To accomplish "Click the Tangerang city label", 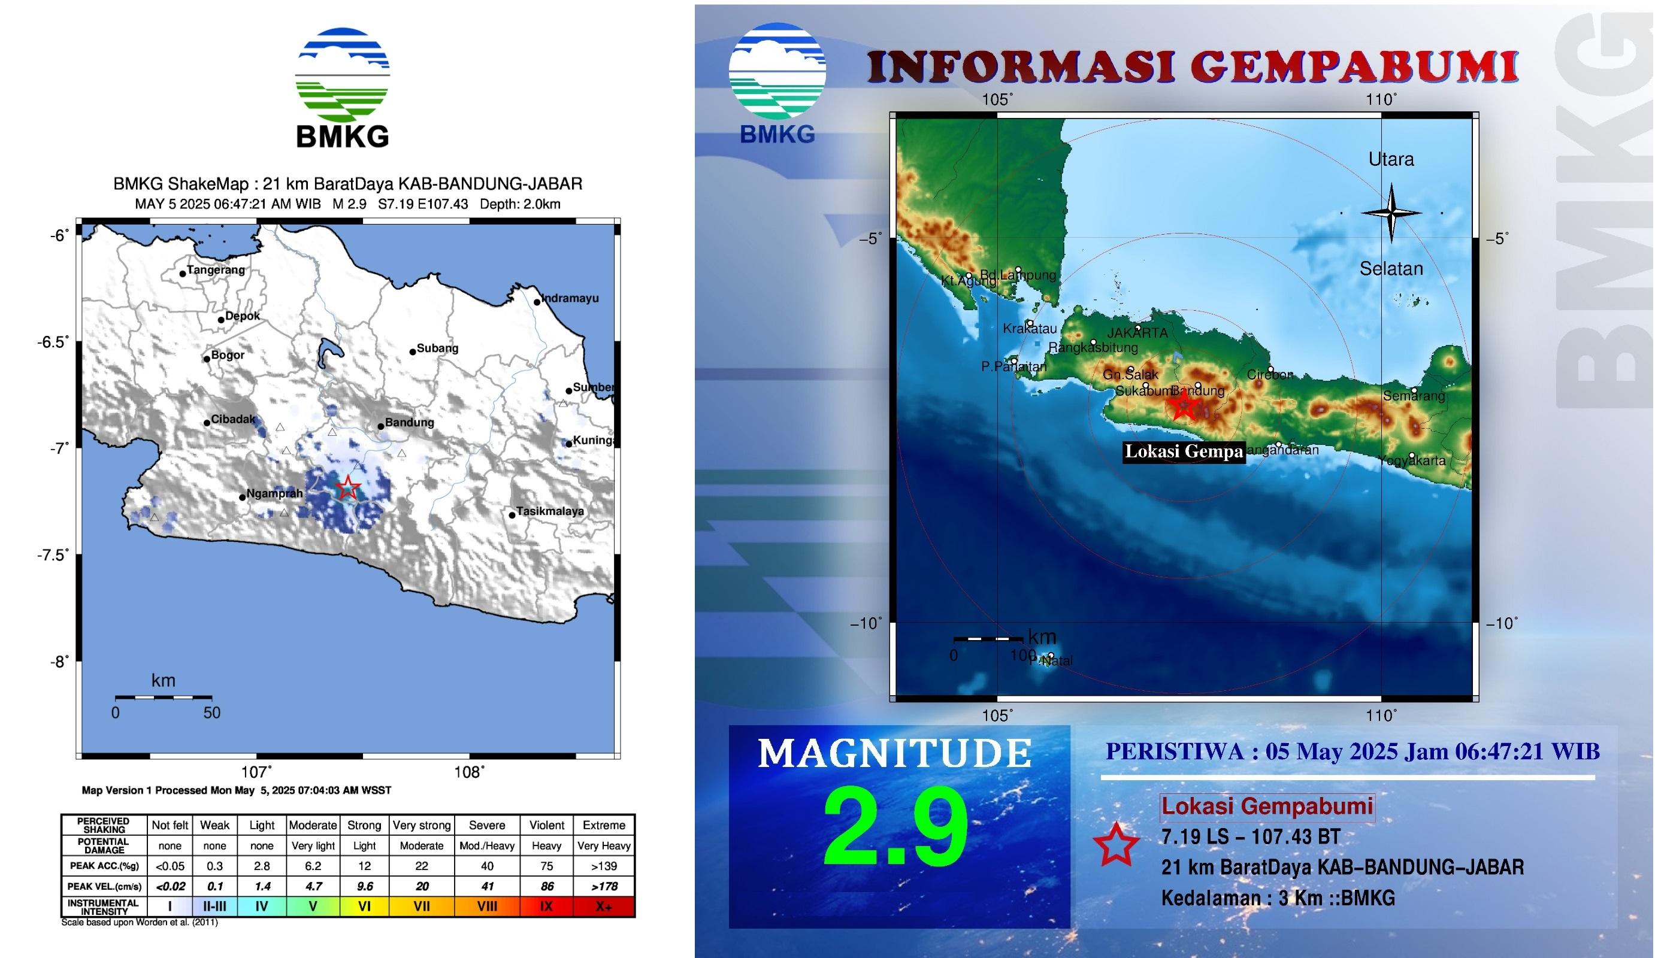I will (x=216, y=270).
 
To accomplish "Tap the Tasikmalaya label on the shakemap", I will (x=550, y=511).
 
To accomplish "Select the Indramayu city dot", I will (x=537, y=302).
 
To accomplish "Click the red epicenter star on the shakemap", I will (x=347, y=488).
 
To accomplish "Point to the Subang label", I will (x=437, y=348).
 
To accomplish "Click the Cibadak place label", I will (x=232, y=419).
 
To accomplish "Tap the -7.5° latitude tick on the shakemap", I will (x=52, y=556).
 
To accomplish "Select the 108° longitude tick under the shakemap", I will (x=469, y=772).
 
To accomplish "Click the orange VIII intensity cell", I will (x=486, y=906).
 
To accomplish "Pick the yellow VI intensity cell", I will (x=365, y=906).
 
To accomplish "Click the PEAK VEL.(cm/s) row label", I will (x=104, y=886).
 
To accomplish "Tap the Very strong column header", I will (x=422, y=825).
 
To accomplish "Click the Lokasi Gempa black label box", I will (x=1184, y=451).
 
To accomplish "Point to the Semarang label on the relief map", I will (x=1414, y=396).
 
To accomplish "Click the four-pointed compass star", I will (x=1391, y=213).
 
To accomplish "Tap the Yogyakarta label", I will (x=1411, y=461).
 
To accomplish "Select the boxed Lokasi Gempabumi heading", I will (x=1267, y=807).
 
